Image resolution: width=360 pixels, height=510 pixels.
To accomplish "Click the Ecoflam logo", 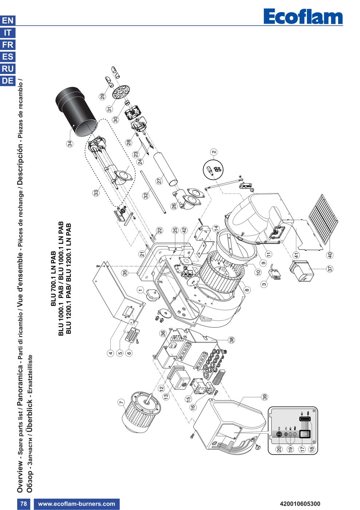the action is pos(303,16).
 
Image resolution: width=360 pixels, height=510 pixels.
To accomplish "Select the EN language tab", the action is pos(8,21).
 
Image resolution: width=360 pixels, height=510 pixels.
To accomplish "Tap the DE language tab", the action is pos(8,81).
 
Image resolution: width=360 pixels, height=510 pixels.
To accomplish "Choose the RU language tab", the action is pos(8,69).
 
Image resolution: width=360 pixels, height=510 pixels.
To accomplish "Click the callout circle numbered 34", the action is pos(70,144).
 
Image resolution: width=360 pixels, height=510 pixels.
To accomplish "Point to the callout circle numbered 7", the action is pos(121,402).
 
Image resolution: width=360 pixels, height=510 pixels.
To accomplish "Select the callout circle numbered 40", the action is pos(330,255).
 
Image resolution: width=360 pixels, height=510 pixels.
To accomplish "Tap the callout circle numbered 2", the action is pos(214,152).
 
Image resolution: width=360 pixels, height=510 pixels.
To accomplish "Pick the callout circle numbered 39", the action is pos(265,397).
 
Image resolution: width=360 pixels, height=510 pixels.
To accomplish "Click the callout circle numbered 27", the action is pos(159,181).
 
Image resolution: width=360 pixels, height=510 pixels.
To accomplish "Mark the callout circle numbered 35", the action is pos(125,273).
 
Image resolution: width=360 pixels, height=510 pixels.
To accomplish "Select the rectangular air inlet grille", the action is pos(323,219).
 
